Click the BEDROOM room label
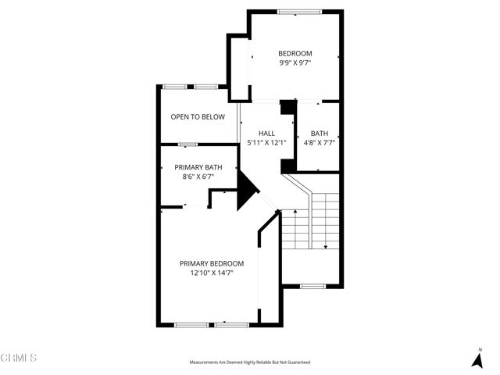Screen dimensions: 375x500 coord(295,54)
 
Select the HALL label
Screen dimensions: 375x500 coord(266,134)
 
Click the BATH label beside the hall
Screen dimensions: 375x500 coord(319,134)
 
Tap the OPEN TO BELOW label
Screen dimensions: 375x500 coord(198,117)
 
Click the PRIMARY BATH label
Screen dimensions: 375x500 coord(198,167)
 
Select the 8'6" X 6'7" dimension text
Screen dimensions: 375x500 coord(198,177)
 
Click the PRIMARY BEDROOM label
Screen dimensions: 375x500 coord(211,263)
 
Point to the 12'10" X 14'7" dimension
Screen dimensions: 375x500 coord(211,273)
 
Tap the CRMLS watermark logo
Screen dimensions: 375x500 coord(19,358)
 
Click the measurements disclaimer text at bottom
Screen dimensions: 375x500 coord(249,362)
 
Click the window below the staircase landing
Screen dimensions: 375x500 coord(312,286)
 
